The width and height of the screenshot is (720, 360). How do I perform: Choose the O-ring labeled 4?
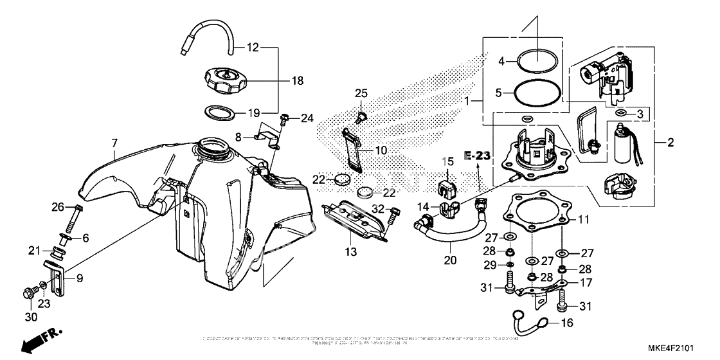click(537, 61)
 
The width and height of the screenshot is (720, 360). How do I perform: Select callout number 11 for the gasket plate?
click(583, 219)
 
